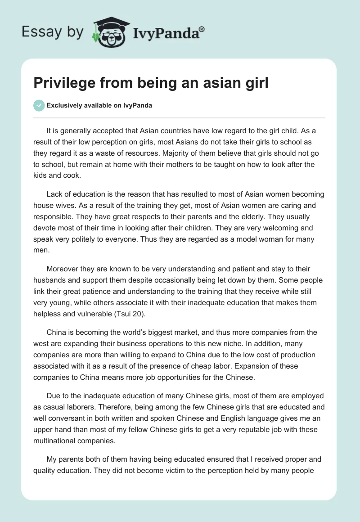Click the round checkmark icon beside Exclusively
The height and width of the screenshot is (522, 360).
coord(39,106)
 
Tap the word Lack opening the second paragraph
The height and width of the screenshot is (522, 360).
coord(54,194)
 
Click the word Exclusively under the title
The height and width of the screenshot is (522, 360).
coord(68,106)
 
